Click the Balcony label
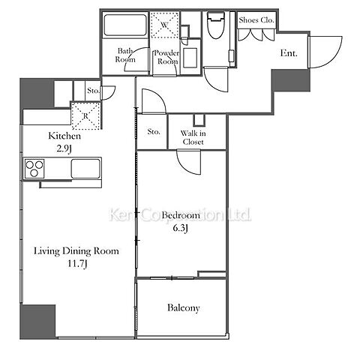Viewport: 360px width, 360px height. point(184,307)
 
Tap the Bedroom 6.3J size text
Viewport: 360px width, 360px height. point(181,228)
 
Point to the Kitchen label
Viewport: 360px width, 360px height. point(64,136)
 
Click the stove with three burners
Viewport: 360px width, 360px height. point(34,169)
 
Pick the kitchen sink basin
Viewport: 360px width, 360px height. point(85,168)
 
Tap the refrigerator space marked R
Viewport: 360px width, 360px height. point(85,115)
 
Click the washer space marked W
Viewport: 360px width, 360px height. point(164,25)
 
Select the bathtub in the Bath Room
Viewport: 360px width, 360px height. point(125,25)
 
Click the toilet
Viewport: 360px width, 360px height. point(216,25)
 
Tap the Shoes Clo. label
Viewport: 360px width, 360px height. point(256,20)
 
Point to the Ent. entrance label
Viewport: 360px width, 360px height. point(289,53)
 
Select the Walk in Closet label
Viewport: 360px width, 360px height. point(193,137)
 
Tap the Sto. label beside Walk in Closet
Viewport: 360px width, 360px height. point(154,131)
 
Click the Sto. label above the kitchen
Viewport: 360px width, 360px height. point(94,91)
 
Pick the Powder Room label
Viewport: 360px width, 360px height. point(166,57)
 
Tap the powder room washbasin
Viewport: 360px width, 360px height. point(190,58)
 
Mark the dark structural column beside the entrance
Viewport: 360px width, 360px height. point(291,80)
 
